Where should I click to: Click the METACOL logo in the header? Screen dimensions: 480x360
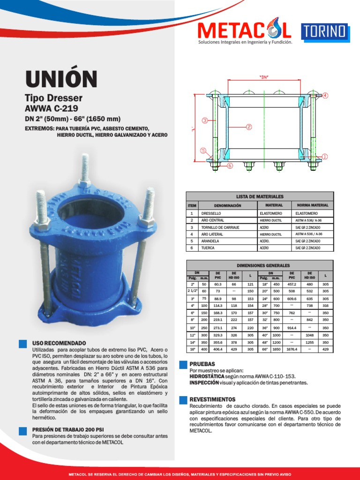tap(244, 31)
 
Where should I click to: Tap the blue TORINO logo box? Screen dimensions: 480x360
tap(324, 31)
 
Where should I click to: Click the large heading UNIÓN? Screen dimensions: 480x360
tap(61, 79)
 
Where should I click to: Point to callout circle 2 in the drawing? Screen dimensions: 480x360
tap(249, 127)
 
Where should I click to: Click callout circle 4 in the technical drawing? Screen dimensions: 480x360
tap(325, 95)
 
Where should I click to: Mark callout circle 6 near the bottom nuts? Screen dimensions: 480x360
tap(230, 165)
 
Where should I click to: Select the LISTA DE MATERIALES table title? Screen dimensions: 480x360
tap(260, 196)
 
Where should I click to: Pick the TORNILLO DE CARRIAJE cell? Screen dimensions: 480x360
tap(220, 227)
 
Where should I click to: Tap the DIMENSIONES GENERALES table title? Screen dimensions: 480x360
tap(260, 265)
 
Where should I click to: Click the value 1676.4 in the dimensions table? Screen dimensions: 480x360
tap(292, 349)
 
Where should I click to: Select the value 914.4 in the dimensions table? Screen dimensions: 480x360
tap(292, 328)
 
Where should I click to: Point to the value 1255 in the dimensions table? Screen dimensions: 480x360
tap(309, 342)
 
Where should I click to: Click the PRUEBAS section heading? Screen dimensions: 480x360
tap(202, 364)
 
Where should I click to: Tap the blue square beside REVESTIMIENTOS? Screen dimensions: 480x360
tap(182, 399)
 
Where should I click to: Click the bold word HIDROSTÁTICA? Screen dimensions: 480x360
tap(207, 376)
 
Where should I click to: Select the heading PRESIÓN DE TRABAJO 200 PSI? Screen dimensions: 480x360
tap(68, 429)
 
